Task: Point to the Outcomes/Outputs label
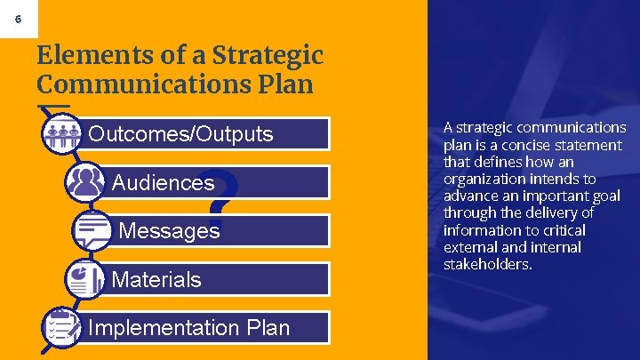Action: (x=180, y=134)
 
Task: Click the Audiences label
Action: (x=163, y=183)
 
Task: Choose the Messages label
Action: (x=169, y=231)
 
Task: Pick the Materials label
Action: (x=156, y=279)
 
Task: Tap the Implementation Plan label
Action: (x=188, y=327)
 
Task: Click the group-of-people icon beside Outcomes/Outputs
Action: (x=62, y=134)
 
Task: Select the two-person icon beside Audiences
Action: (x=86, y=182)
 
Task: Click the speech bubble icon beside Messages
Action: (x=92, y=231)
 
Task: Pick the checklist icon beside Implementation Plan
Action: (x=62, y=326)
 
